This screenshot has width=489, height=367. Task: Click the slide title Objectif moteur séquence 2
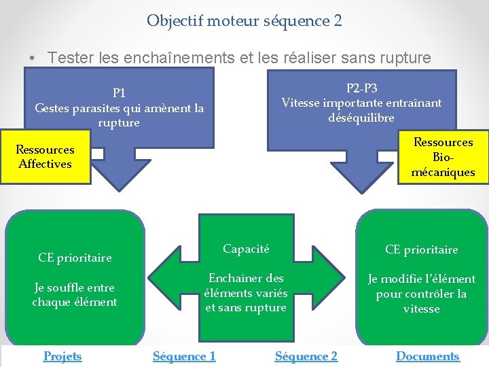tap(244, 21)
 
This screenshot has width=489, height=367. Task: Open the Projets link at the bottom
tap(62, 356)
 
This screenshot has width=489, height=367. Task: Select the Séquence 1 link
tap(184, 356)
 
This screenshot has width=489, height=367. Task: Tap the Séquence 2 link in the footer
tap(306, 356)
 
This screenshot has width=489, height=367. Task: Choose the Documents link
tap(428, 356)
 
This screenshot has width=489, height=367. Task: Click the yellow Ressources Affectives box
tap(46, 156)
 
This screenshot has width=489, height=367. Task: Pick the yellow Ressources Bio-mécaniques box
tap(443, 157)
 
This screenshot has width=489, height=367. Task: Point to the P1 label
tap(119, 92)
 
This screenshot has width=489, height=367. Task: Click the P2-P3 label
tap(362, 88)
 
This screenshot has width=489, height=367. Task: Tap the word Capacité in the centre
tap(246, 249)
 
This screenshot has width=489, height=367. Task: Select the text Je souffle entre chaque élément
tap(75, 294)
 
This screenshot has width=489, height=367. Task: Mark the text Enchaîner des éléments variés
tap(246, 285)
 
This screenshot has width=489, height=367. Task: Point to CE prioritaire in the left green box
tap(75, 258)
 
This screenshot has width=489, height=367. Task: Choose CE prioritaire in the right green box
tap(421, 249)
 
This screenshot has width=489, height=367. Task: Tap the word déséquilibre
tap(361, 118)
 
